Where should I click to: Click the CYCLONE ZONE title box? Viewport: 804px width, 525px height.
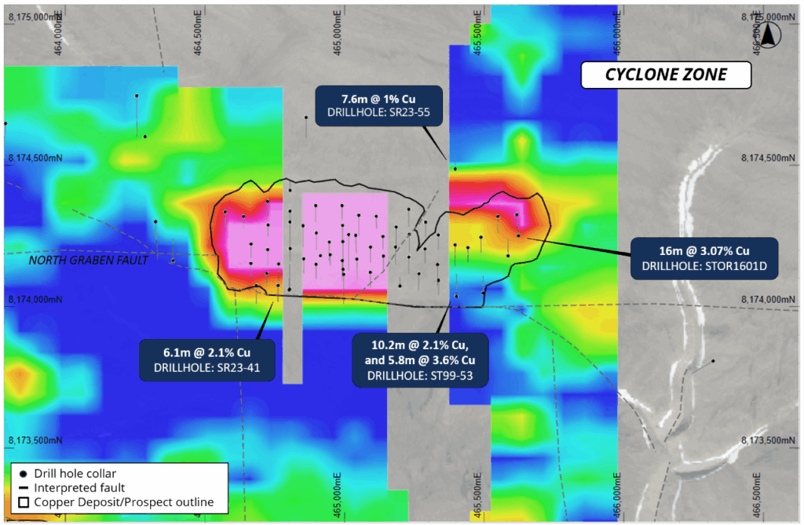(666, 75)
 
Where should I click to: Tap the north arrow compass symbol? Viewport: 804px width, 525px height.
(769, 33)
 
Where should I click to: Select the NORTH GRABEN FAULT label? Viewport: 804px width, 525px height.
(88, 260)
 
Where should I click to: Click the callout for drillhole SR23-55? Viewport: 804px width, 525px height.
(378, 105)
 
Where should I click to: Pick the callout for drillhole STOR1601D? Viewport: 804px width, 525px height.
(703, 257)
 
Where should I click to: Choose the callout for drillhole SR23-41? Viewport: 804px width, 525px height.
(206, 360)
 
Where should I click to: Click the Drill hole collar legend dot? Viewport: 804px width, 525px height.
(24, 473)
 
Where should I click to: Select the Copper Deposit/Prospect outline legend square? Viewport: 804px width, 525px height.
(24, 502)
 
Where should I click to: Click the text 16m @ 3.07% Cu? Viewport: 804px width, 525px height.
(703, 250)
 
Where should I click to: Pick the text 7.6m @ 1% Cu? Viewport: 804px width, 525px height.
(378, 99)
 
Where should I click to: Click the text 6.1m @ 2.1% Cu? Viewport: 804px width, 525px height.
(206, 353)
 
